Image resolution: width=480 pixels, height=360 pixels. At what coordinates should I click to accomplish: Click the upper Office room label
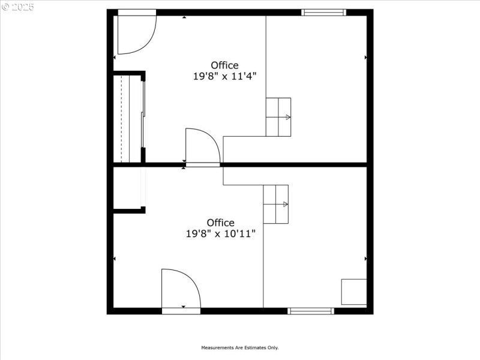224,65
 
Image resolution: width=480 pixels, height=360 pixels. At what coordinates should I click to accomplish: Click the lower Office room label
221,223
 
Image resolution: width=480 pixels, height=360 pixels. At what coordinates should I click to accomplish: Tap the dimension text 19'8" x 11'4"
224,76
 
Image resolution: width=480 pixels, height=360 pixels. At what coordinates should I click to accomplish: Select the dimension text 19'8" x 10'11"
221,234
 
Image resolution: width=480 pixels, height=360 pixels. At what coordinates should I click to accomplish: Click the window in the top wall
324,12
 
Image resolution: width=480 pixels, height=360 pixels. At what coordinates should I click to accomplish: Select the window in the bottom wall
311,311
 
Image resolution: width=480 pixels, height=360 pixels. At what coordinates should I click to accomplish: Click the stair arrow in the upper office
288,117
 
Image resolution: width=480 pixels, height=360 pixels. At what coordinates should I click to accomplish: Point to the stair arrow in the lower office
286,204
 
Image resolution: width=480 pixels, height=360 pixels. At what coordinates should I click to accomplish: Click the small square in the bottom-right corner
354,292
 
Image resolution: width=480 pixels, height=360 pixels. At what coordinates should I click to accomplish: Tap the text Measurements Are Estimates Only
240,347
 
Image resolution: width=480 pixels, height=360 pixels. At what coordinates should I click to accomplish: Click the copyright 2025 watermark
18,7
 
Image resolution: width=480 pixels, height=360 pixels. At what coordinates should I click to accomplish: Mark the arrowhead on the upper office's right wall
366,58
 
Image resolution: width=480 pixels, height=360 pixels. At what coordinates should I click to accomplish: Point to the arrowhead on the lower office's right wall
366,259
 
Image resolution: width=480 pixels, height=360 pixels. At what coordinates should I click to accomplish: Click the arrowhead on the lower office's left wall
115,259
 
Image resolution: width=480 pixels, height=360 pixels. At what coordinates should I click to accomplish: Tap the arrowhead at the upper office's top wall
184,17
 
